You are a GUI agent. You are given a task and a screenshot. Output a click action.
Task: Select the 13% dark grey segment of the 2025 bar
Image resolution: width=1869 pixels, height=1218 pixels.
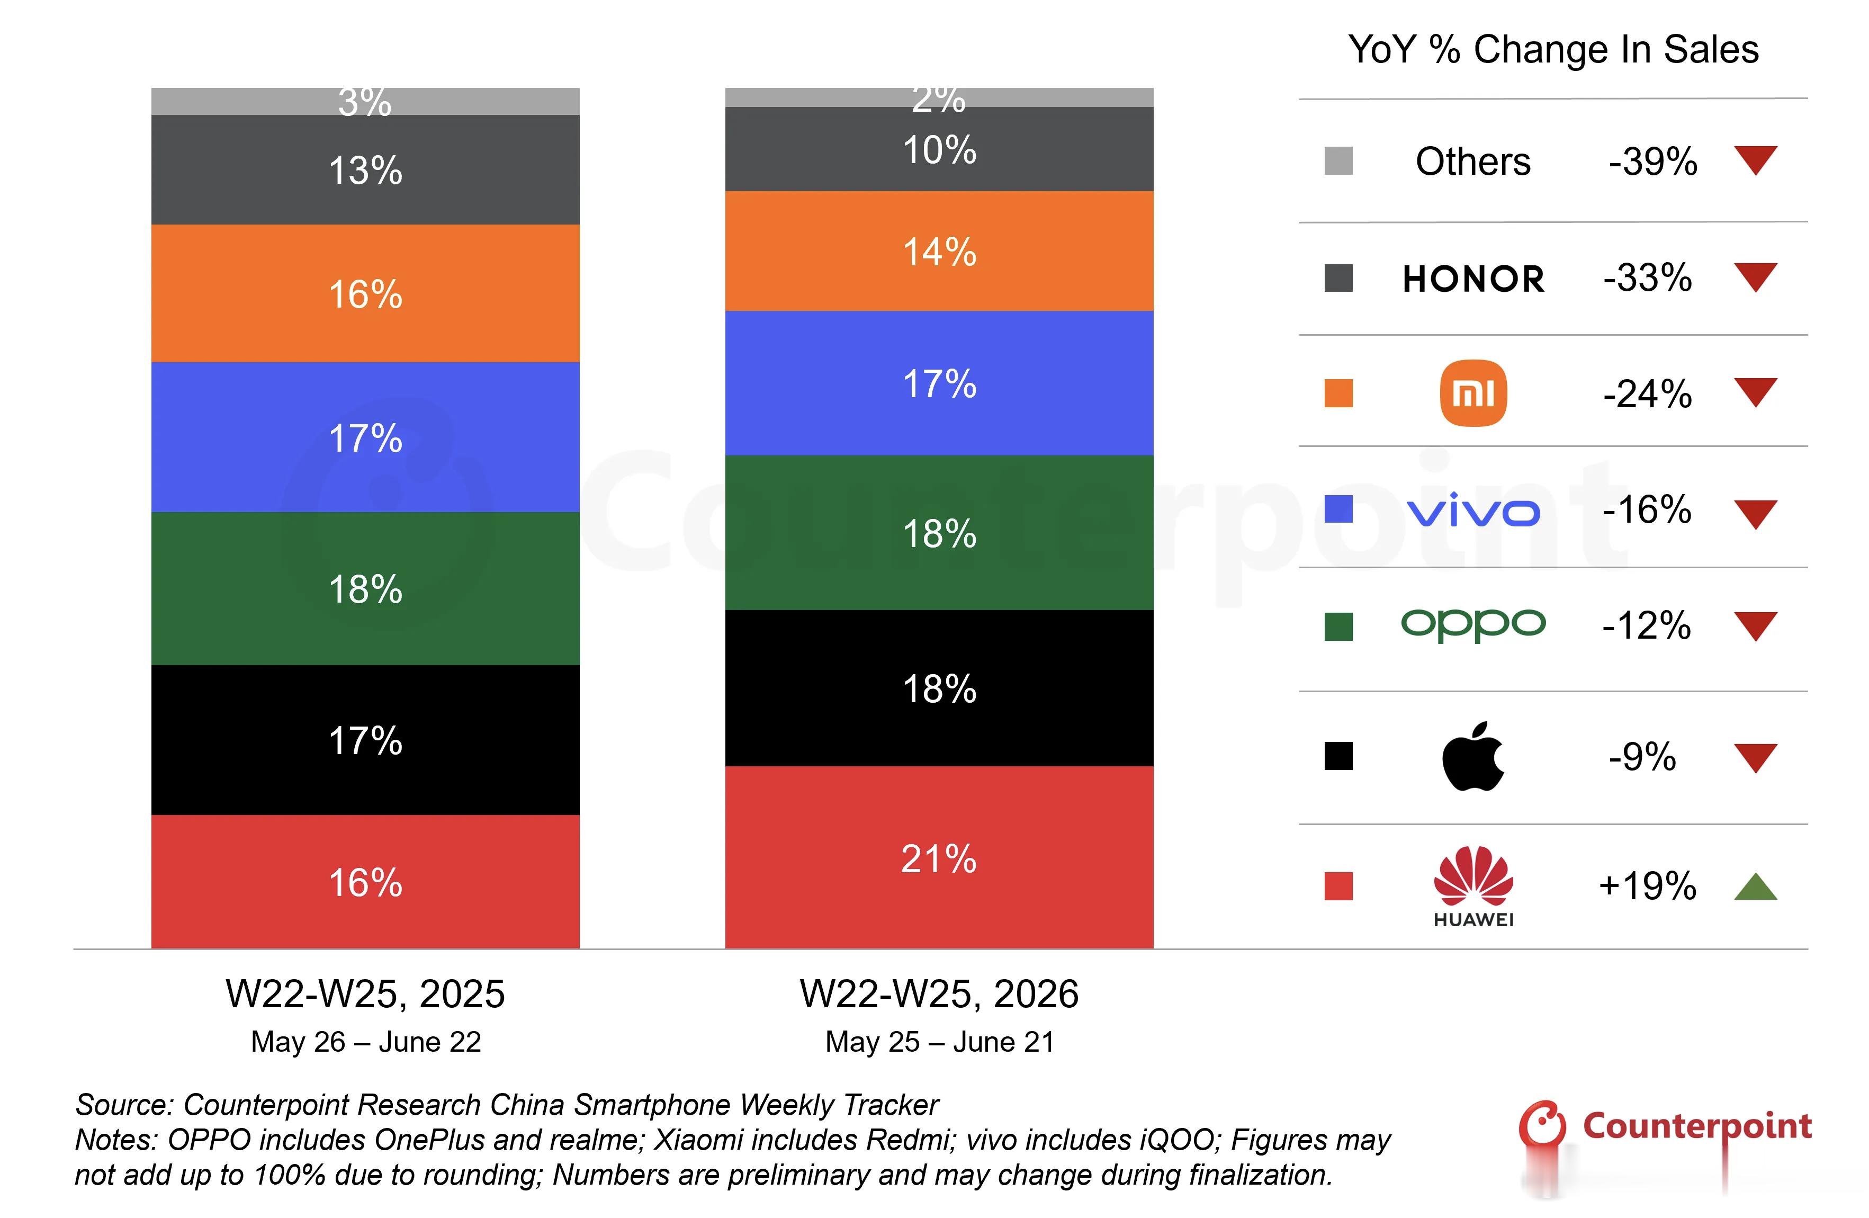(x=365, y=169)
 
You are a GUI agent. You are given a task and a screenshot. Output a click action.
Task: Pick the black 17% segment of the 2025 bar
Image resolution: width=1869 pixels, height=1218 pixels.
(x=365, y=740)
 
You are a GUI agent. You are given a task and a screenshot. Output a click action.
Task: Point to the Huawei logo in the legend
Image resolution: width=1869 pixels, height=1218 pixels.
(x=1473, y=886)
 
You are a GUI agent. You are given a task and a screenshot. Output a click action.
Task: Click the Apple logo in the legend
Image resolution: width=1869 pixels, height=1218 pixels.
(x=1473, y=756)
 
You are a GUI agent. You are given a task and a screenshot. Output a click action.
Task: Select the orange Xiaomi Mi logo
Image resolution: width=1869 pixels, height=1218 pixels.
(x=1473, y=393)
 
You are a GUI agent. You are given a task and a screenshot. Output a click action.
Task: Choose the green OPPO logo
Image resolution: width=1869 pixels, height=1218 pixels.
(x=1473, y=625)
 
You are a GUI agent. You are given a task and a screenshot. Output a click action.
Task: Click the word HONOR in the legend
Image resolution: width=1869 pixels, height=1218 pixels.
(x=1473, y=279)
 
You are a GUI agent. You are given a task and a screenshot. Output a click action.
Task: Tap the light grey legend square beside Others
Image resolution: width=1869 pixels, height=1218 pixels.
(x=1338, y=161)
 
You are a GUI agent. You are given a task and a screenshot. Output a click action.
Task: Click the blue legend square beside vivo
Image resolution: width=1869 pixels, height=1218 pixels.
(x=1338, y=509)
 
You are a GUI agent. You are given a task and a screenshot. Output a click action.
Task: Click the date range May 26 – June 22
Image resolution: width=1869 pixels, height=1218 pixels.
(x=366, y=1042)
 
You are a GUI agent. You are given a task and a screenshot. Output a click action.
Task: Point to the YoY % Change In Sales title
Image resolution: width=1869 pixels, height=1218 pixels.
(x=1553, y=49)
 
